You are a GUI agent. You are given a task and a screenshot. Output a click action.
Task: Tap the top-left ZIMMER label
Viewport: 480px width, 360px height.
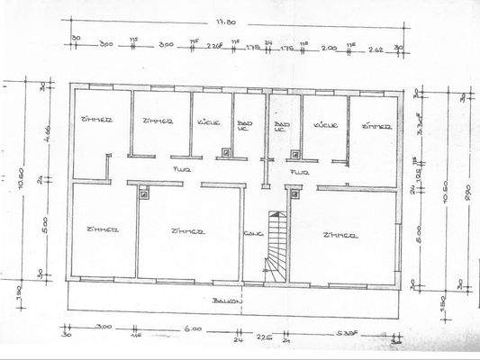coord(95,119)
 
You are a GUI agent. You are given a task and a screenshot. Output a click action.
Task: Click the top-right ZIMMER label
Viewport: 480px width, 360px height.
coord(376,127)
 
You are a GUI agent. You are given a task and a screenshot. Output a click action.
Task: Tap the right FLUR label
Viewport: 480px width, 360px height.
coord(300,170)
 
